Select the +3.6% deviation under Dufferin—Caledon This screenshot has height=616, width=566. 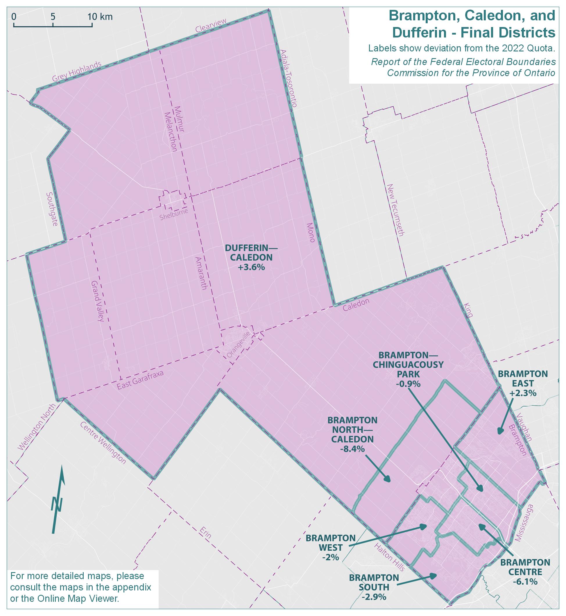tap(251, 267)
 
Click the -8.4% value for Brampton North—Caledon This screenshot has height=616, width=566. tap(352, 449)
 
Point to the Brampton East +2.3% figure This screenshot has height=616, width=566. tap(523, 393)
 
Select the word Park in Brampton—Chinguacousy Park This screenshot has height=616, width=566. tap(411, 374)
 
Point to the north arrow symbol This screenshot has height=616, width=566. tap(58, 499)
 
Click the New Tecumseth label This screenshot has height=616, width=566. tap(395, 210)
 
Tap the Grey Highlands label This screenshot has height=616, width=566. tap(77, 72)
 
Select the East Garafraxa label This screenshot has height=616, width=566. tap(141, 380)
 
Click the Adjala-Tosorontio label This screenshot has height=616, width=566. tap(289, 78)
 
